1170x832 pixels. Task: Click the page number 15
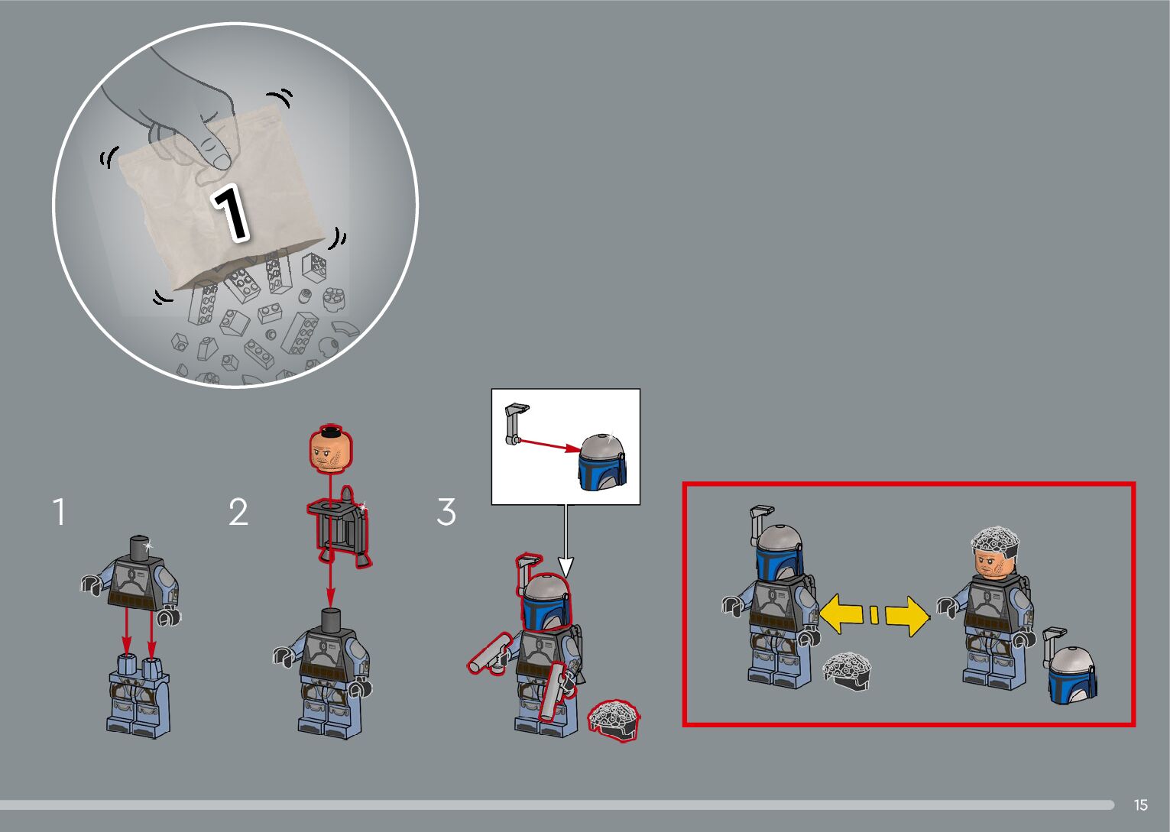pos(1141,804)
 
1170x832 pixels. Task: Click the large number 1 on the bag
pos(230,213)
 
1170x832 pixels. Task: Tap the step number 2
pos(238,512)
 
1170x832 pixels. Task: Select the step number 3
pos(446,512)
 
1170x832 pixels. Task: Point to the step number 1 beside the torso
pos(60,512)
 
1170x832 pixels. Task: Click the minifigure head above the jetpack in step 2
pos(331,449)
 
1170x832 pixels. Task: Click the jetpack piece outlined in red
pos(339,526)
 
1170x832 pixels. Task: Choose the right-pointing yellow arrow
pos(908,617)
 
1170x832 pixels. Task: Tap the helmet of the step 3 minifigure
pos(546,604)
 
